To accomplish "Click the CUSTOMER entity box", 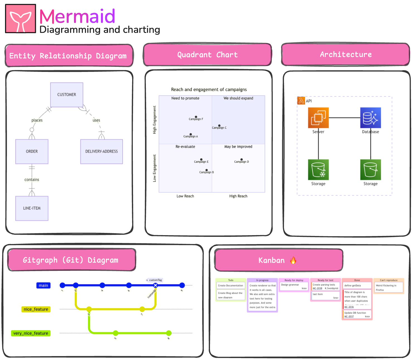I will click(67, 95).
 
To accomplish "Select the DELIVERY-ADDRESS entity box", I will click(102, 151).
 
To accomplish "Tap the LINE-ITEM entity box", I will click(32, 208).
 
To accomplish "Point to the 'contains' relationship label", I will click(32, 180).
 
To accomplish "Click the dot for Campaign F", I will click(196, 117).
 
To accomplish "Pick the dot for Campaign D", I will click(241, 160).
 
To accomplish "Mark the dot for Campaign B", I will click(207, 170).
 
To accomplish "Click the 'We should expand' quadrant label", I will click(238, 98).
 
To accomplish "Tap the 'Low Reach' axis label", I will click(185, 196).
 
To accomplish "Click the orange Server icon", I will click(318, 118).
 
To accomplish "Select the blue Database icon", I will click(370, 118).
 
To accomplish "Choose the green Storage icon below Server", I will click(318, 170).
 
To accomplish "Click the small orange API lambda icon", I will click(301, 101).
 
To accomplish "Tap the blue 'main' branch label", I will click(43, 285).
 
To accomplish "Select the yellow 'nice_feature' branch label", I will click(36, 309).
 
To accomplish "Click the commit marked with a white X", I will click(155, 285).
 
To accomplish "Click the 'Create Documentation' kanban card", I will click(231, 286).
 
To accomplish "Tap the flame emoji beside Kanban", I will click(293, 260).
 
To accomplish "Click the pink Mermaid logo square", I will click(21, 19).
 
